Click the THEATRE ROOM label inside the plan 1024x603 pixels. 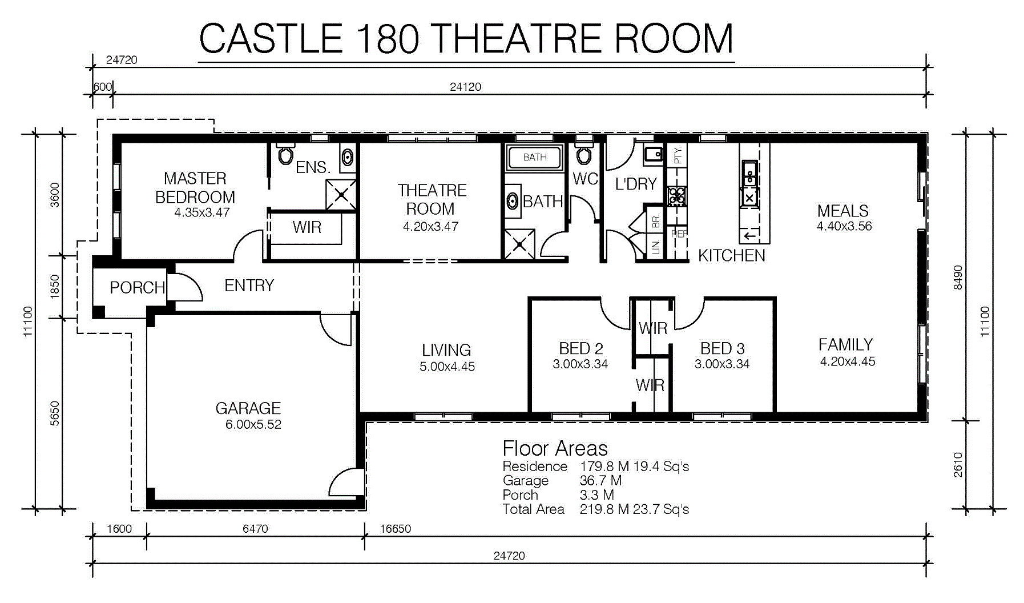[432, 199]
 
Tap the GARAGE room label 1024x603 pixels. [248, 408]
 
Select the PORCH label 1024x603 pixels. [137, 287]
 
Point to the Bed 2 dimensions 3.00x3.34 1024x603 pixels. [580, 364]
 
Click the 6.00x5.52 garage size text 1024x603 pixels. [253, 424]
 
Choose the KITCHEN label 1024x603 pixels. [732, 255]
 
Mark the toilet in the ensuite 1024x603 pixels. [285, 154]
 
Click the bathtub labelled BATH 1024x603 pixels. [535, 157]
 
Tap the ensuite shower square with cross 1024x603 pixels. [341, 195]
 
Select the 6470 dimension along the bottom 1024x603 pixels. [255, 529]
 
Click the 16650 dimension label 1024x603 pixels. [396, 529]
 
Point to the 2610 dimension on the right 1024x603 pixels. [958, 465]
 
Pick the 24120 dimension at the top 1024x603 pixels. [466, 87]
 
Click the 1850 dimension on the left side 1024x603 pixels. [55, 287]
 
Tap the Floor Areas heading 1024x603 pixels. [555, 448]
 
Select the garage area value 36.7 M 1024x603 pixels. [600, 481]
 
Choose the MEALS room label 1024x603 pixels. [843, 211]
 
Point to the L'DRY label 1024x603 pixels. [636, 184]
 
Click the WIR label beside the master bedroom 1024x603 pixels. [307, 227]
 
